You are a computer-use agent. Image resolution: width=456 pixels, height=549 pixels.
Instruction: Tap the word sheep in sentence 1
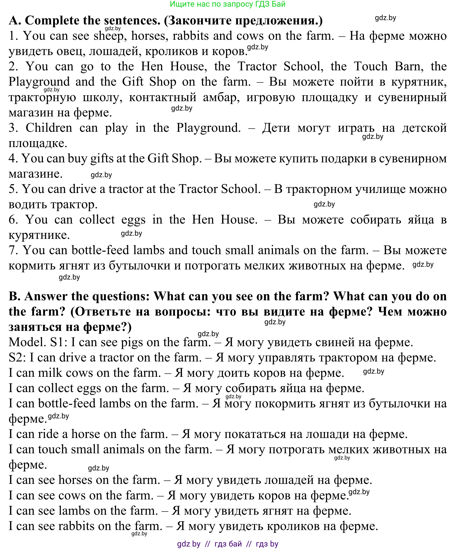click(x=109, y=36)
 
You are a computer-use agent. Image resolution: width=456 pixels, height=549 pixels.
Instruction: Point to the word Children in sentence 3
click(x=49, y=128)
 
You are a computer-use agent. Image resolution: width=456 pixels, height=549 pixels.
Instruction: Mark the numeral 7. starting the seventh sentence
click(x=13, y=250)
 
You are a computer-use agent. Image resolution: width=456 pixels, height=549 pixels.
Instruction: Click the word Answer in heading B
click(x=46, y=296)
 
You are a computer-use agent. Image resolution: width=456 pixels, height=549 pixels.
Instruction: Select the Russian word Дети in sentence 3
click(x=276, y=128)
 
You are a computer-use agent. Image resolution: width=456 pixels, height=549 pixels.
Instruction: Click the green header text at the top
click(x=228, y=4)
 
